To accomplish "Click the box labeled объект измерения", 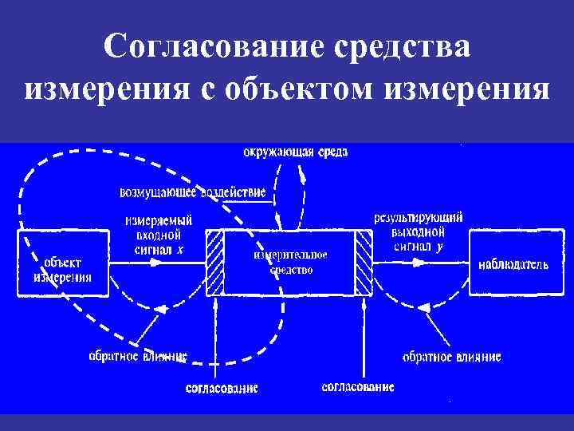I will (x=62, y=263).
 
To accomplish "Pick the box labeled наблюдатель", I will (x=513, y=263).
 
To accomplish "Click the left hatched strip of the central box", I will (x=215, y=263).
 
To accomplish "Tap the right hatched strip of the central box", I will (x=364, y=263).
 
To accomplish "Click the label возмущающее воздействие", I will (x=192, y=192).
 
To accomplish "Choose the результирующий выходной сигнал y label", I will (x=418, y=232).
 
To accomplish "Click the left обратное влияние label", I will (x=137, y=356).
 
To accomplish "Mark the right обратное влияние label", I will (x=451, y=357).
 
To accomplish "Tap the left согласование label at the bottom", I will (x=222, y=388).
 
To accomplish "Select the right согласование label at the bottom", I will (x=358, y=387).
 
